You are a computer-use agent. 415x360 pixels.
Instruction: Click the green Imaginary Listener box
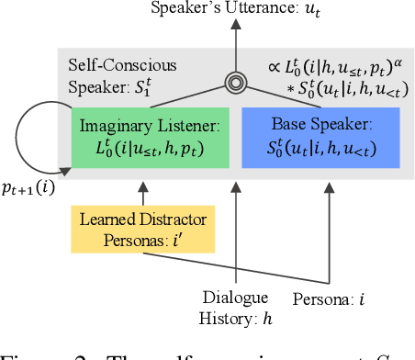point(143,138)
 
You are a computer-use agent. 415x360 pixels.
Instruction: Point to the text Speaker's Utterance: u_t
point(236,12)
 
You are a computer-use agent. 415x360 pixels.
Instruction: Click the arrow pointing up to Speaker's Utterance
point(236,46)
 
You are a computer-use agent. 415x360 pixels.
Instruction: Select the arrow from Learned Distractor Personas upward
point(141,194)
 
